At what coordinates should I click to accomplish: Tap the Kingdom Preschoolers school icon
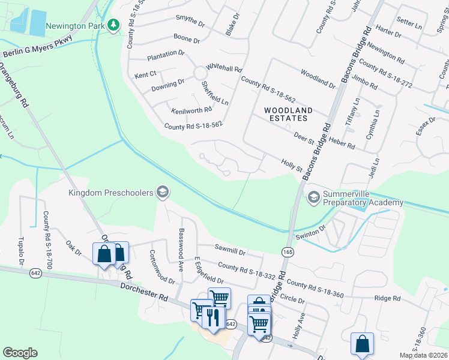point(161,192)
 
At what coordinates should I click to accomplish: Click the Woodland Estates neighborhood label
point(289,115)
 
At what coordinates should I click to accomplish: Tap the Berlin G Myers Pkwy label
point(37,47)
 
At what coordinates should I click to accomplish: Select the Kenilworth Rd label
point(191,110)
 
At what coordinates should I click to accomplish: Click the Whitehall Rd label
point(223,68)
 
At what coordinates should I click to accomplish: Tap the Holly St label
point(292,164)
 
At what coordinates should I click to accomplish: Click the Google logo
point(20,353)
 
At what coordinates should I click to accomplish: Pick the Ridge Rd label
point(387,298)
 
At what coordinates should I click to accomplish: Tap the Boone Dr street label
point(188,40)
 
